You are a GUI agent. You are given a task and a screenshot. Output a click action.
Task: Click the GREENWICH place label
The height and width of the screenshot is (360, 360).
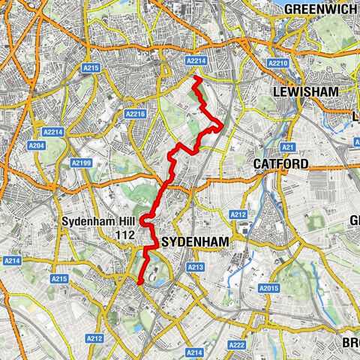322,10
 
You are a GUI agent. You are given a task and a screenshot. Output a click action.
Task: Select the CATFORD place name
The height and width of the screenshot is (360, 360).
280,163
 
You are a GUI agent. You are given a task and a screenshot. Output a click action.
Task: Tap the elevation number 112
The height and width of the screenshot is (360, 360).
124,235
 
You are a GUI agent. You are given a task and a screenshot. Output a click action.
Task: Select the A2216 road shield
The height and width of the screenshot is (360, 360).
136,114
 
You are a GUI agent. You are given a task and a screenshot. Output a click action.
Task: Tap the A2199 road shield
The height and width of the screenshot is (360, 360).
82,162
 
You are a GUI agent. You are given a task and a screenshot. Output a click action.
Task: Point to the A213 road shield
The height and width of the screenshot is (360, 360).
196,267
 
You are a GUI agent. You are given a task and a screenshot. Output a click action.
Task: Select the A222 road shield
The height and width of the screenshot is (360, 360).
236,344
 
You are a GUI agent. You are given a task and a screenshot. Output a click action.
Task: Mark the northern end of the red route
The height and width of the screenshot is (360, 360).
196,78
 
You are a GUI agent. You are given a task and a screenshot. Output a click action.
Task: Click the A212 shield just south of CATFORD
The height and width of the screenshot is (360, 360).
238,215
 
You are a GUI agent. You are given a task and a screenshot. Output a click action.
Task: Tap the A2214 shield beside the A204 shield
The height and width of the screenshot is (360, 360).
53,131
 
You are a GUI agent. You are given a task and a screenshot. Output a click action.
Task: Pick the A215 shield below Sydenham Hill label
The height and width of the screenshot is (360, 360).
59,279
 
